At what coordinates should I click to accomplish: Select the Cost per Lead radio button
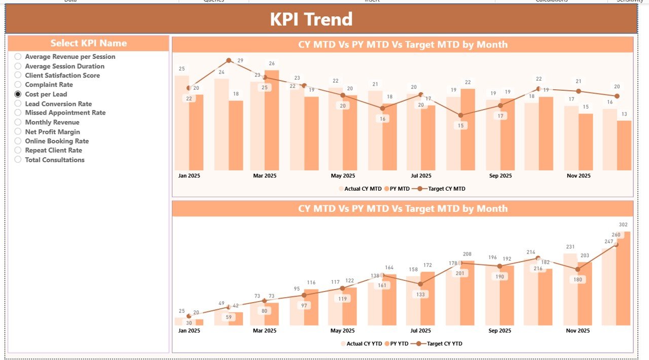(18, 94)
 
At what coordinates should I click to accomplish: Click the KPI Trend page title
(311, 19)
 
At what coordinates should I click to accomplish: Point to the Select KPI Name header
(88, 43)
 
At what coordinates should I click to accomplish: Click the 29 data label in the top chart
(240, 60)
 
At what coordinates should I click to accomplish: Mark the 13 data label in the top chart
(623, 114)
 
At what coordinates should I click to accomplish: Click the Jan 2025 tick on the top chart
(189, 176)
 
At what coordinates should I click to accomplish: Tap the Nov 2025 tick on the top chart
(579, 176)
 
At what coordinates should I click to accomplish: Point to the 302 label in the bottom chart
(623, 225)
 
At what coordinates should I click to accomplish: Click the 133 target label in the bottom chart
(420, 294)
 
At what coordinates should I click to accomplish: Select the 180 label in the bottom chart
(578, 279)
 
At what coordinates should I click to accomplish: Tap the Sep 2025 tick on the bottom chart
(500, 331)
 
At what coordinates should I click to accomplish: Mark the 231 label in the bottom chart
(570, 247)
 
